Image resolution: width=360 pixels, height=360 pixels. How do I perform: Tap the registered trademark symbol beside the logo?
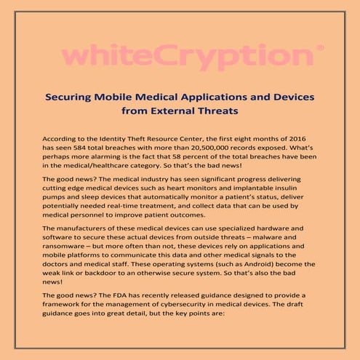tap(320, 48)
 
